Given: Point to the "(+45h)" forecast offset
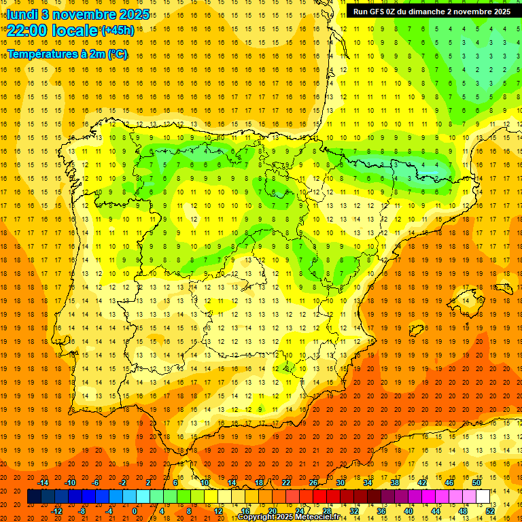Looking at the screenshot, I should coord(117,31).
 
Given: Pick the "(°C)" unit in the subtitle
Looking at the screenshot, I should coord(117,54).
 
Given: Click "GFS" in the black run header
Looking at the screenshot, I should coord(379,12).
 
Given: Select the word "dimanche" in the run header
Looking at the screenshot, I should coord(425,12).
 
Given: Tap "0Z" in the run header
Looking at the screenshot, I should coord(396,12).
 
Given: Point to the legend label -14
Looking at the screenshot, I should coord(43,483).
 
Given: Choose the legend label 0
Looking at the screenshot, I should coord(135,511).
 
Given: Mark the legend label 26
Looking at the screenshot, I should coord(313,483).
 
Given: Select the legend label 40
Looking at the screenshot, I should coord(408,511).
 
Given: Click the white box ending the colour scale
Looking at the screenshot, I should coord(483,497).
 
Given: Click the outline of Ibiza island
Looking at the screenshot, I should coord(416,331).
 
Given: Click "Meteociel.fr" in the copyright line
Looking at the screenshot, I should coord(315,517).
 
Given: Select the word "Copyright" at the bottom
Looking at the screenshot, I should coord(256,517).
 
